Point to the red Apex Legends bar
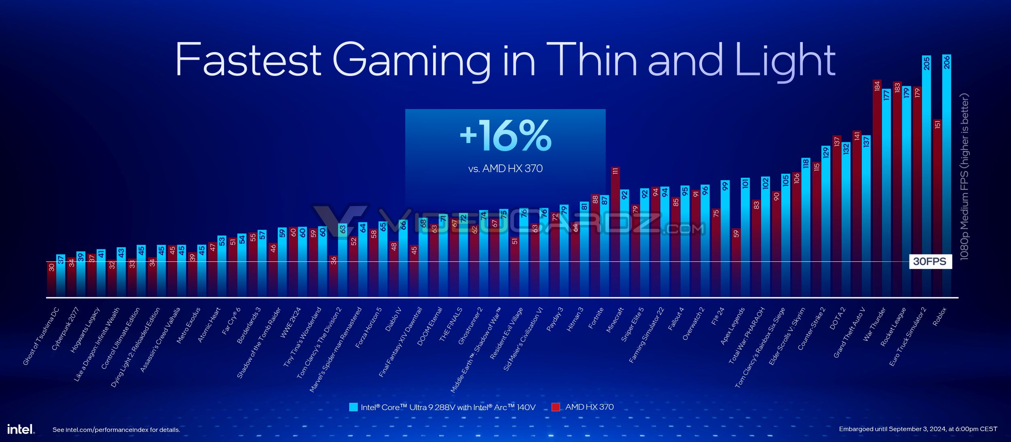pos(736,263)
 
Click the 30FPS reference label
pos(930,261)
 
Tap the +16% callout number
pos(505,135)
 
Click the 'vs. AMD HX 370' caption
pos(505,168)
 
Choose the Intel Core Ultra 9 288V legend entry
pos(442,407)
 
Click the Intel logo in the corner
pos(21,429)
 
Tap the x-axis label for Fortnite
pos(595,318)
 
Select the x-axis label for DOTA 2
pos(837,318)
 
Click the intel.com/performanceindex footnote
pos(116,430)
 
